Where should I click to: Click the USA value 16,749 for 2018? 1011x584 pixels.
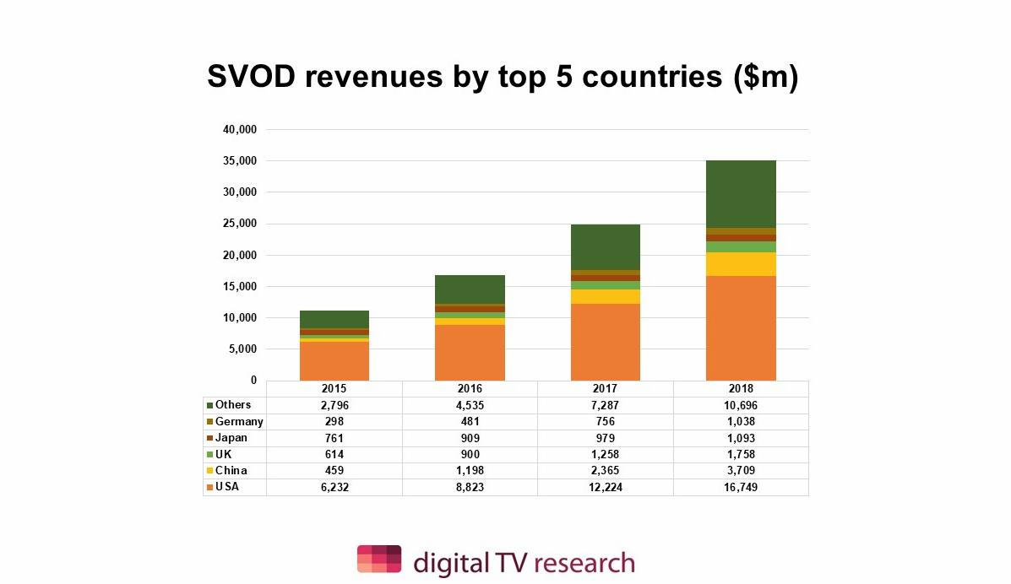pos(741,487)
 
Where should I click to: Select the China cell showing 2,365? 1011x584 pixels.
pos(605,470)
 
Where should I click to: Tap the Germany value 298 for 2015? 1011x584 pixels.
pos(334,421)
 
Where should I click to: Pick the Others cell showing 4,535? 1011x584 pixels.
pos(470,405)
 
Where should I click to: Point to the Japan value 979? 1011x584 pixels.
pos(605,438)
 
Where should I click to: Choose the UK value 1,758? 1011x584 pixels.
pos(741,454)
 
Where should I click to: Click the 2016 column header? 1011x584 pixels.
pos(470,389)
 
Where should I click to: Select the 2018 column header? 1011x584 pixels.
pos(741,389)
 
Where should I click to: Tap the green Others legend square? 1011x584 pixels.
pos(209,406)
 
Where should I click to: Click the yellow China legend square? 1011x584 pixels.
pos(209,471)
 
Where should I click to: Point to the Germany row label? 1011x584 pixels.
pos(239,421)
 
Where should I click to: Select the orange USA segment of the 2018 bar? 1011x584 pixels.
pos(741,328)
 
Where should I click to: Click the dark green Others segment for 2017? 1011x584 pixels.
pos(605,247)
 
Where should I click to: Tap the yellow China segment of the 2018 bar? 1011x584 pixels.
pos(741,264)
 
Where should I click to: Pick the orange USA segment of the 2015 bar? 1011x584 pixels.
pos(334,361)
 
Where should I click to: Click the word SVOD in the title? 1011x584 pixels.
pos(252,78)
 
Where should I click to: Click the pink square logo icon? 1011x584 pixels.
pos(378,560)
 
